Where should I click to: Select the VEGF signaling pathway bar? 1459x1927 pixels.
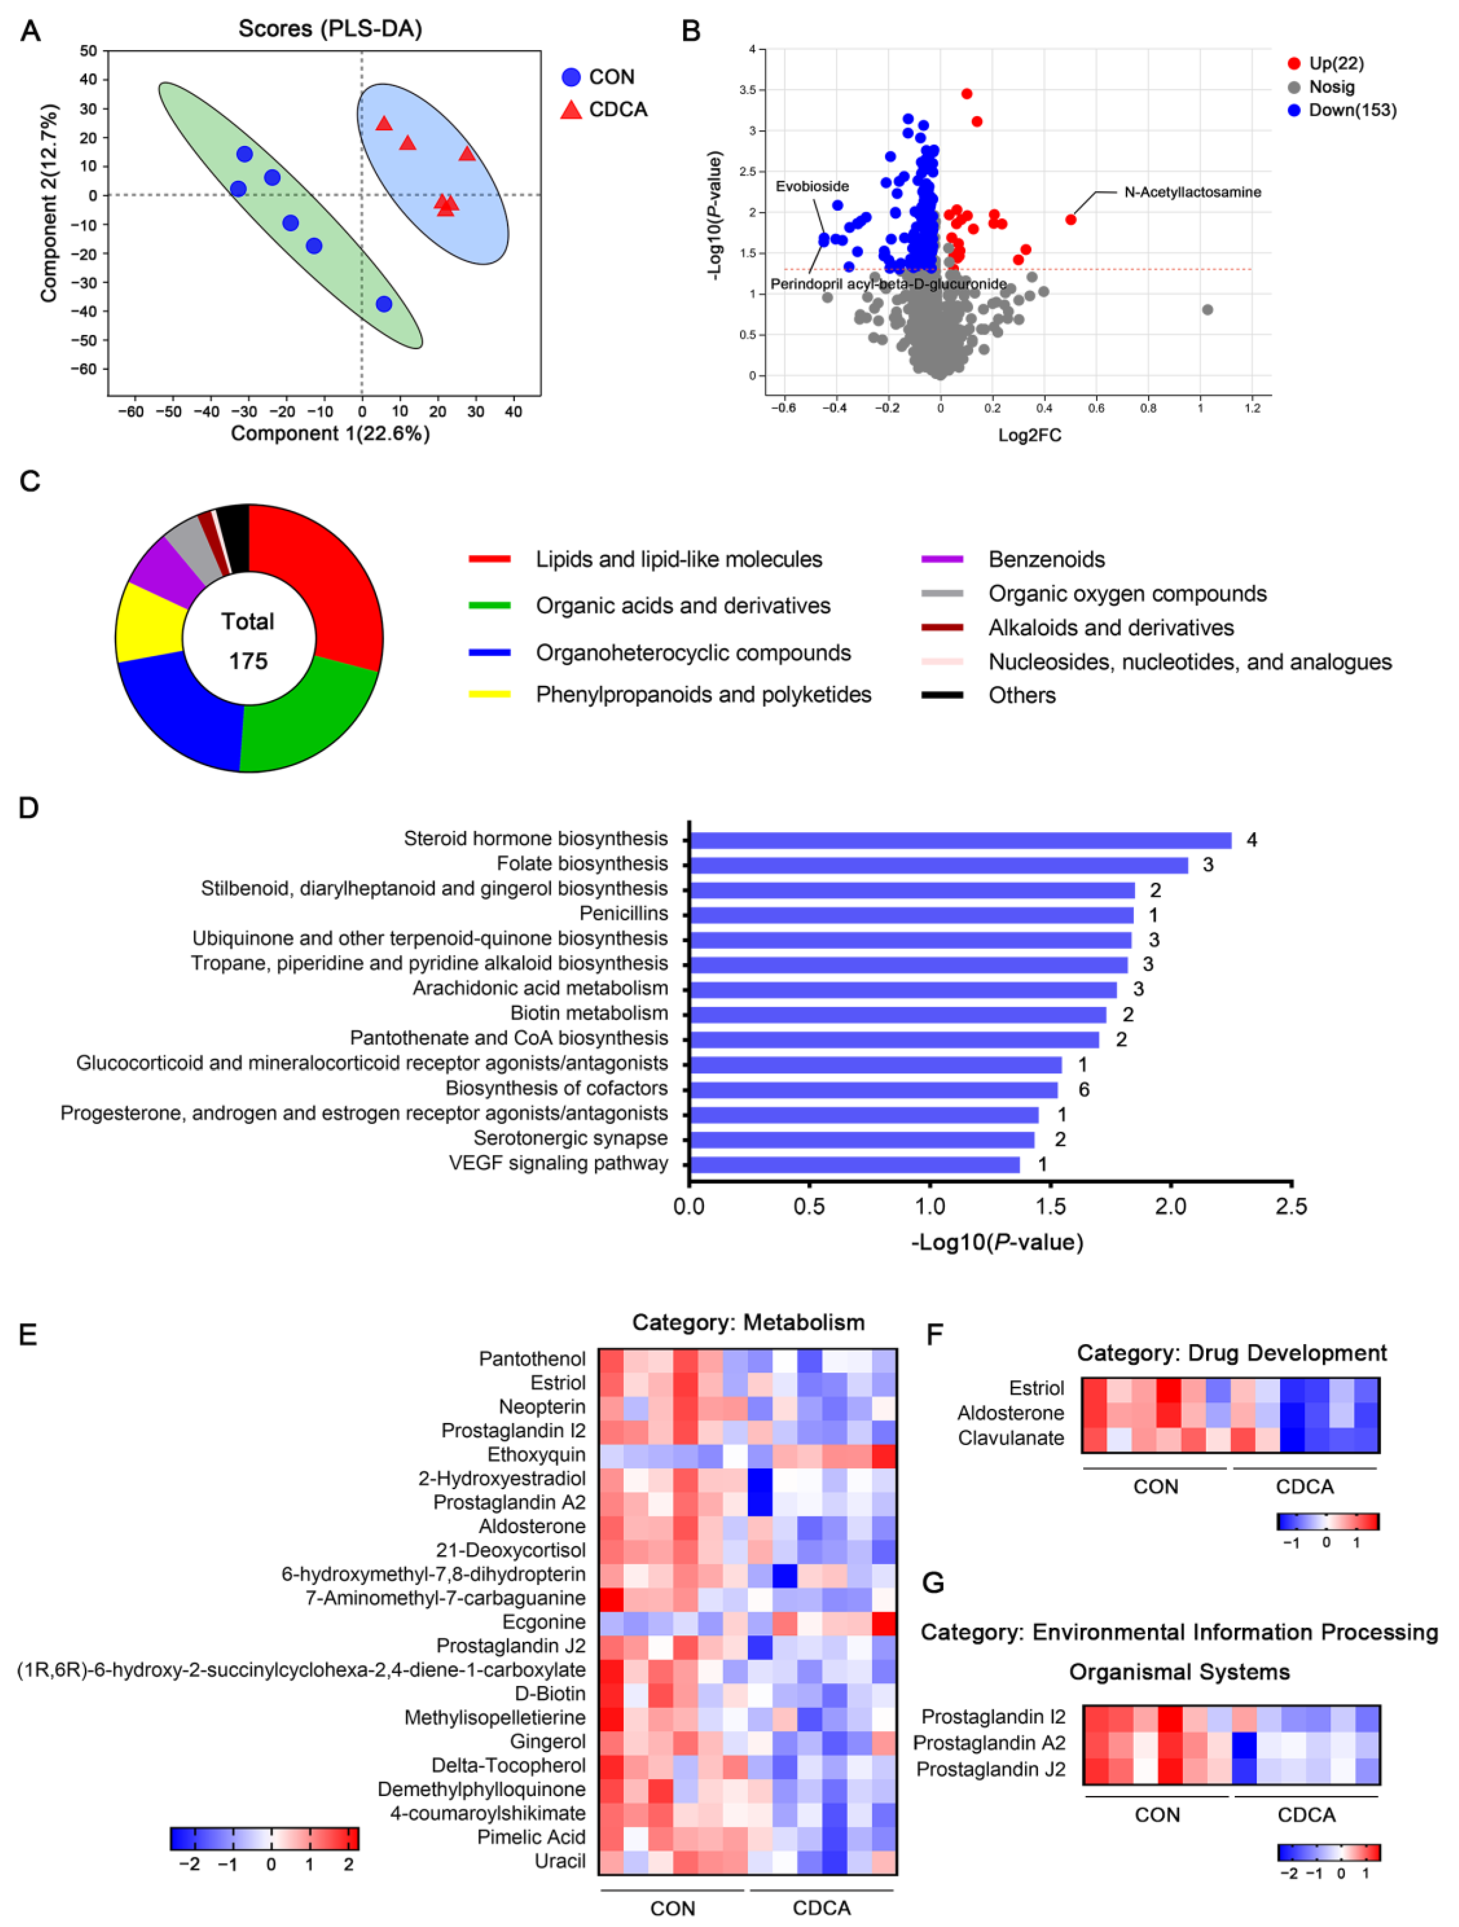point(854,1165)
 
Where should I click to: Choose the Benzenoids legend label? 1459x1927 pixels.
point(1046,559)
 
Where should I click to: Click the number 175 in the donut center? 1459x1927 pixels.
point(248,661)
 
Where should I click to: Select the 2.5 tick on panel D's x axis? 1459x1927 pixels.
point(1291,1207)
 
